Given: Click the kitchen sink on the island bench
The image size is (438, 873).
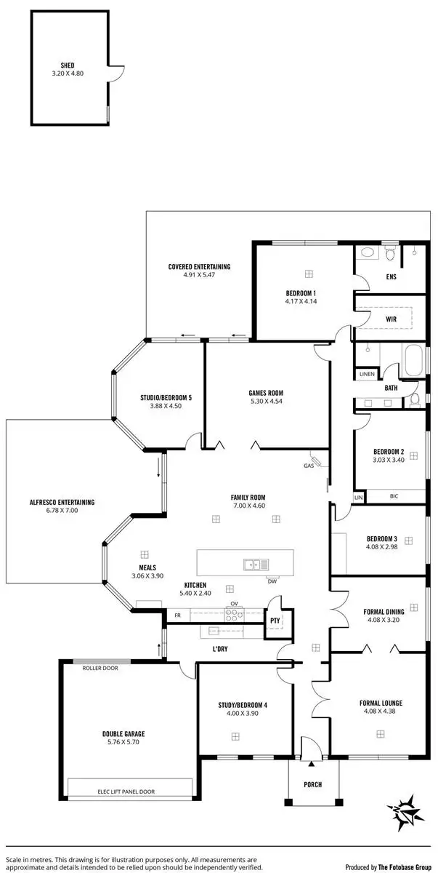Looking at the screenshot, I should click(256, 564).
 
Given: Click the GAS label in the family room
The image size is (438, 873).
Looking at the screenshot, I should click(308, 466).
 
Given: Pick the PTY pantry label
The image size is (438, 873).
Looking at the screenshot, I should click(275, 621).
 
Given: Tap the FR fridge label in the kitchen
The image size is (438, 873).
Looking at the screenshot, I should click(176, 615).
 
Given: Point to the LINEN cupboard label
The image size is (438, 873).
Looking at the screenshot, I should click(367, 374).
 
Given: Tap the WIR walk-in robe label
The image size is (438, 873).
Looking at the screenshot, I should click(391, 319).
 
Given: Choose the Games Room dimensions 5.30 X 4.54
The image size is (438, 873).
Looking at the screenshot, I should click(265, 401).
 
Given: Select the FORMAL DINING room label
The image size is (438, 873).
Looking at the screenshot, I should click(383, 612).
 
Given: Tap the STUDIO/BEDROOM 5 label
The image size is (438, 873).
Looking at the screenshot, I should click(166, 398).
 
